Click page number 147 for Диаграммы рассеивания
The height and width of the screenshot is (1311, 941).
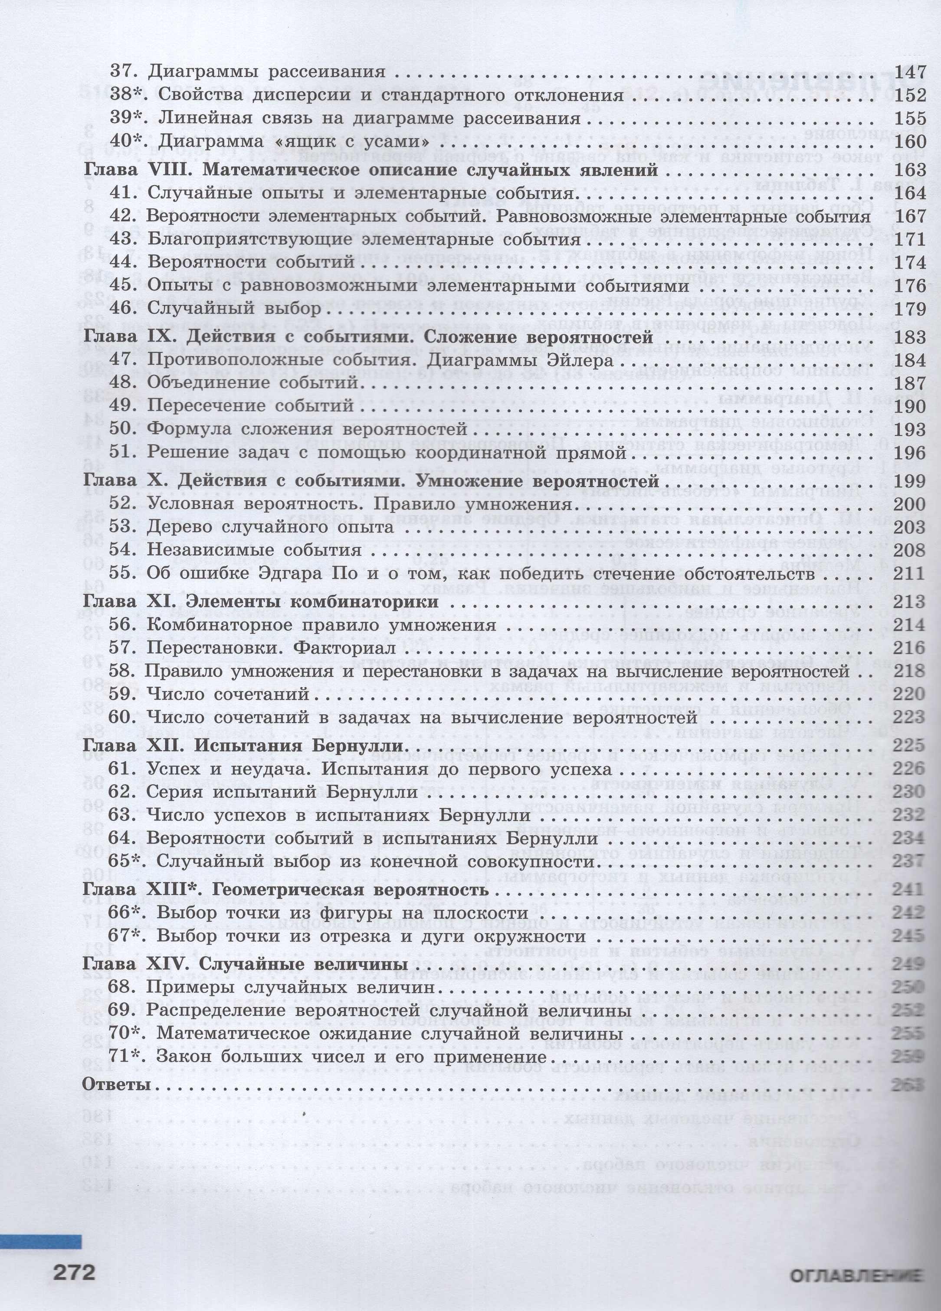pos(910,72)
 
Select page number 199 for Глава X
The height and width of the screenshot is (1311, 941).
pos(910,481)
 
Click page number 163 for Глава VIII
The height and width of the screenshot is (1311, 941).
pos(910,170)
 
